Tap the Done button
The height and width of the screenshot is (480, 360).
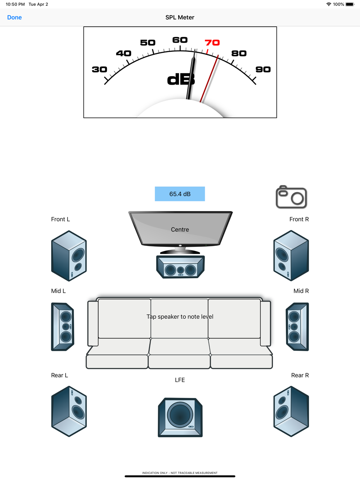pos(14,17)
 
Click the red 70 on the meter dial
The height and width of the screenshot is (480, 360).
pos(212,42)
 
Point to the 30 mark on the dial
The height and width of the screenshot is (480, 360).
pos(99,69)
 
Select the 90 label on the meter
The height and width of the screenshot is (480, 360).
pos(263,69)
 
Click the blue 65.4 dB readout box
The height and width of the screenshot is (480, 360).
pos(180,194)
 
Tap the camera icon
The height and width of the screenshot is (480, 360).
pos(291,197)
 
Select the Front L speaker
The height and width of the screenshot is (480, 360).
pos(69,255)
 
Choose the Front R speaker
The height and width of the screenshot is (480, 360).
pos(291,255)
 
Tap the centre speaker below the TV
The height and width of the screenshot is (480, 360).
pos(180,267)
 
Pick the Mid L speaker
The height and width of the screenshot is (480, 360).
pos(63,327)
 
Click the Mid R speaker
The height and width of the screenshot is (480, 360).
pos(297,327)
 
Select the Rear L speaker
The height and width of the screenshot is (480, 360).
pos(69,411)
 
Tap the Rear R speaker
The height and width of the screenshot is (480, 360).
pos(291,411)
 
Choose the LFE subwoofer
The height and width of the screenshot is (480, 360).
pos(180,417)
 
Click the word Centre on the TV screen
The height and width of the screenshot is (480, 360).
pos(180,230)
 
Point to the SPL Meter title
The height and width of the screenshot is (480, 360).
pos(180,17)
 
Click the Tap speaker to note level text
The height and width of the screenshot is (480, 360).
pos(180,317)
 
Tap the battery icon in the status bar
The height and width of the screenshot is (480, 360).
pos(350,4)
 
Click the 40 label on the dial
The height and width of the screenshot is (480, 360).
pos(123,53)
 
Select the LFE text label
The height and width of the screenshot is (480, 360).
pos(180,380)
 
